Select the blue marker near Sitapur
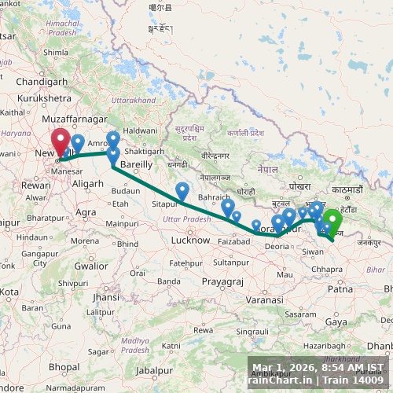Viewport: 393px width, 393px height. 182,191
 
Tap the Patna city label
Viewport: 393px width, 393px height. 340,289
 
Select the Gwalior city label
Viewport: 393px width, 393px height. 91,266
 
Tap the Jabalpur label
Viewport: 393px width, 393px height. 154,369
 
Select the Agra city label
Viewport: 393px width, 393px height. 85,212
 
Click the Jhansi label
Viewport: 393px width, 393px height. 105,297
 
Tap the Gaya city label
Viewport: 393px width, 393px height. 336,321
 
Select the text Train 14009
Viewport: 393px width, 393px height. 356,380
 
